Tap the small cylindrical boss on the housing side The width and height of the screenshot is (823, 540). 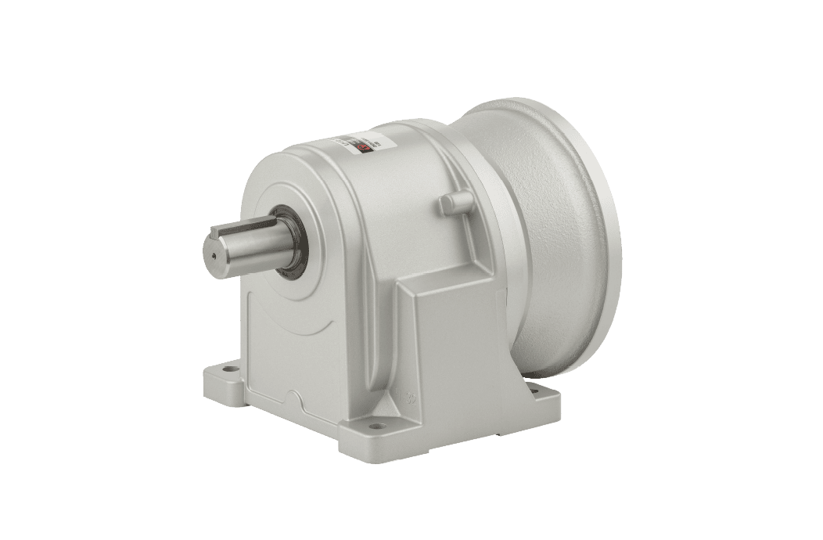pyautogui.click(x=447, y=203)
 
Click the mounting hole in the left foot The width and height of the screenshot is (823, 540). pyautogui.click(x=232, y=368)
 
